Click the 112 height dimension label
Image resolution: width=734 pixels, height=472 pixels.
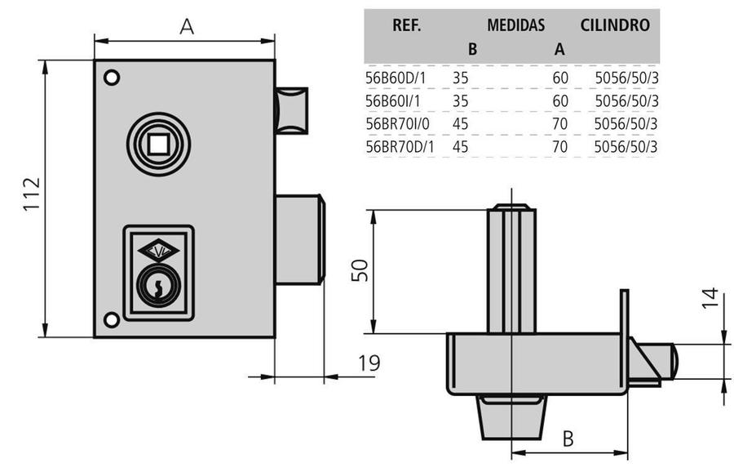click(30, 196)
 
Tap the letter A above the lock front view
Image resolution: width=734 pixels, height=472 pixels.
click(187, 26)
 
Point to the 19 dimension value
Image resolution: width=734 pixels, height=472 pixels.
click(369, 363)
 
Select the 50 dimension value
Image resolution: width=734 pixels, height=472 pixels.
click(360, 270)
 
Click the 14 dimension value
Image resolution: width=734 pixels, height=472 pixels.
click(710, 301)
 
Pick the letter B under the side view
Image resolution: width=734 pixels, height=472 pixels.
click(568, 439)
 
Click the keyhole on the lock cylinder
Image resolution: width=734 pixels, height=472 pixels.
click(157, 286)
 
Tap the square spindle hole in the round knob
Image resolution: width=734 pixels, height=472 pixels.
click(158, 145)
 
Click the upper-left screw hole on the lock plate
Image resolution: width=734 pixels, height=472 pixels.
click(112, 78)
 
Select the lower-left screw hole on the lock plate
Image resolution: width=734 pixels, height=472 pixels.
click(112, 319)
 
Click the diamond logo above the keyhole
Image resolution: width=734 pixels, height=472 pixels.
click(158, 250)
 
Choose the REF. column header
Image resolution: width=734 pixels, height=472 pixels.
click(406, 25)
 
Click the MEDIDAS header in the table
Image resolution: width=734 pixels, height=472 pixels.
click(515, 25)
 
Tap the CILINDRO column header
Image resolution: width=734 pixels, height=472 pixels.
click(615, 25)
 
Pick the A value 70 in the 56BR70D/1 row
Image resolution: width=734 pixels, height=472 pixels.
click(559, 147)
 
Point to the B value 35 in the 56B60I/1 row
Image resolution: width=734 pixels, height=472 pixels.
click(460, 101)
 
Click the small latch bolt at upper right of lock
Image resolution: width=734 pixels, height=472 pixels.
click(292, 109)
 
